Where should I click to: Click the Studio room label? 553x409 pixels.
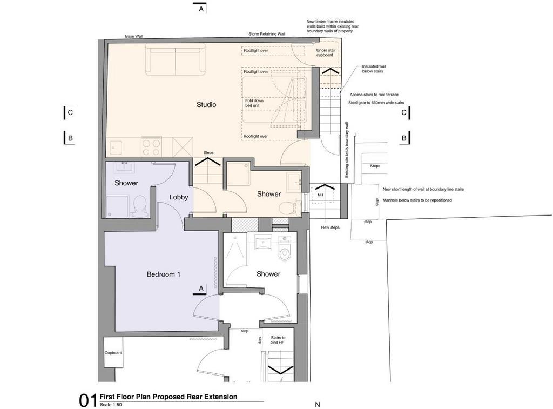point(206,104)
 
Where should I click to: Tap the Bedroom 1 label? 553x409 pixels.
point(163,274)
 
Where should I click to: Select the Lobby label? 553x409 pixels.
point(178,197)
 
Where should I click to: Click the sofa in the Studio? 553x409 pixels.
point(176,59)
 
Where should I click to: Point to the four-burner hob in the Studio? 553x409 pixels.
point(152,146)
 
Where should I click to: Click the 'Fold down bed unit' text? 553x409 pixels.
point(254,103)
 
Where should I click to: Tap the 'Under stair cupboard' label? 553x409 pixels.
point(326,52)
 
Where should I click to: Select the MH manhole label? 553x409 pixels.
point(320,195)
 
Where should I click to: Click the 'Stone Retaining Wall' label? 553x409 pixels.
point(267,34)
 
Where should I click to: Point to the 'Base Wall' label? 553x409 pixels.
point(134,36)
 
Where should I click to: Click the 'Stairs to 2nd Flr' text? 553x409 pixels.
point(278,340)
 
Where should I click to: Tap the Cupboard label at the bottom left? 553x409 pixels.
point(113,353)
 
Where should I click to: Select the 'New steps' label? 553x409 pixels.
point(330,227)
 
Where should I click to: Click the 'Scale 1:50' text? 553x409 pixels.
point(111,405)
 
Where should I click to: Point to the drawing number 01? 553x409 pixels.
point(87,401)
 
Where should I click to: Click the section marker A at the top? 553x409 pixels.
point(201,9)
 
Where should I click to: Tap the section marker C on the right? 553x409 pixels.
point(404,112)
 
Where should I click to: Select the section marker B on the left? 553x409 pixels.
point(70,138)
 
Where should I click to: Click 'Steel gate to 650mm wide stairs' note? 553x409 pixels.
point(376,103)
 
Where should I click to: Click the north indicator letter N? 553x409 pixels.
point(318,405)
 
